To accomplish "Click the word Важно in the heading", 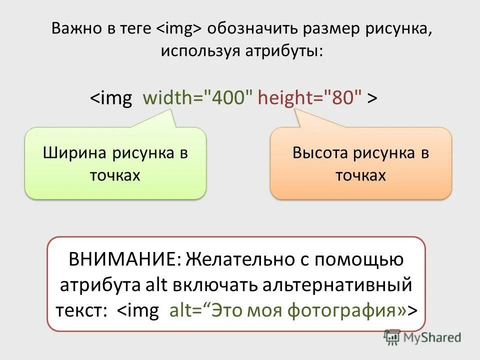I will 73,29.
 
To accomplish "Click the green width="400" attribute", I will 198,98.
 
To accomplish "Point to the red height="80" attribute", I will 309,98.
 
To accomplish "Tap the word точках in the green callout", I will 115,175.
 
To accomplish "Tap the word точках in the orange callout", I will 361,175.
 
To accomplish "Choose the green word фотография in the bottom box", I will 341,310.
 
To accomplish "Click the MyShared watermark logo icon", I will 392,337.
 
